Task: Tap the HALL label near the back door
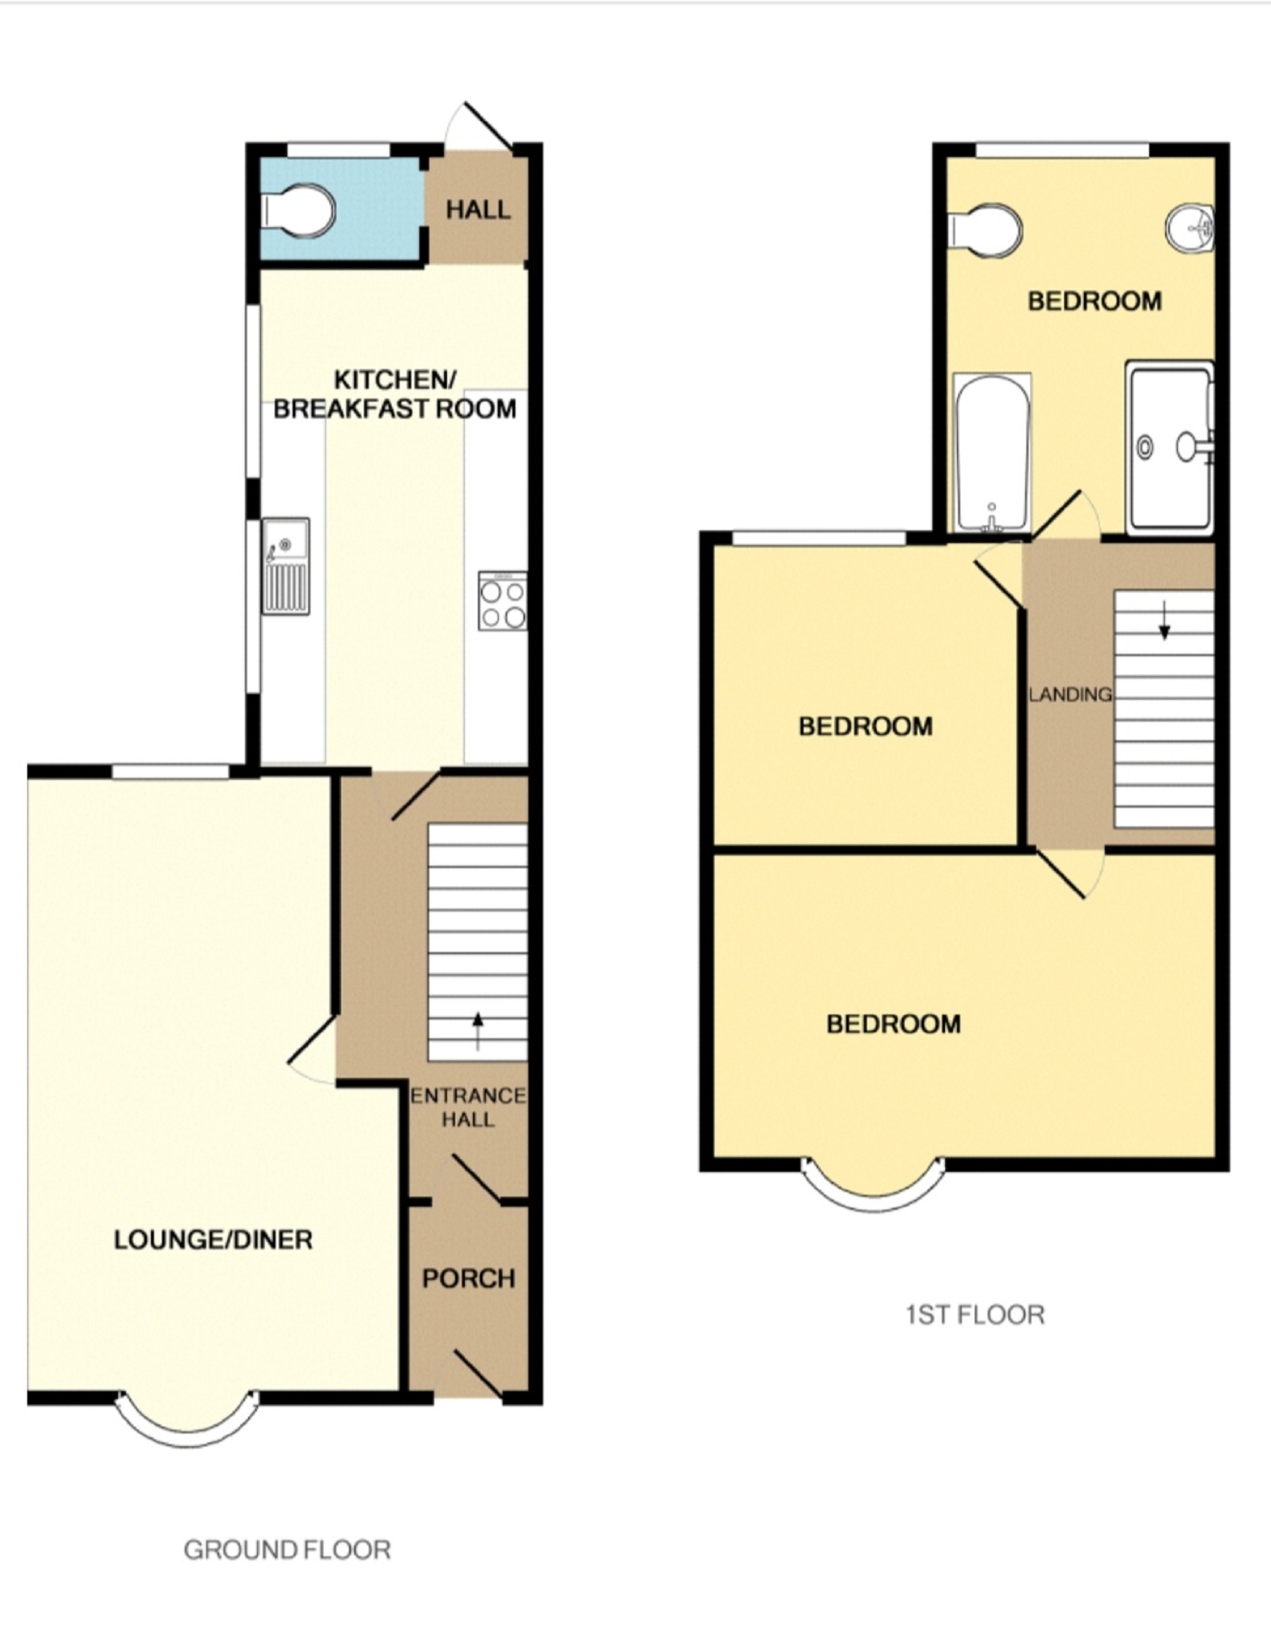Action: tap(478, 210)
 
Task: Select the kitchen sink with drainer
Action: tap(286, 566)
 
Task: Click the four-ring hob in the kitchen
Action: tap(503, 601)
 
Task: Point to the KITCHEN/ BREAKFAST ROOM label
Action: tap(395, 393)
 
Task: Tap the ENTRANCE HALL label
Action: tap(468, 1107)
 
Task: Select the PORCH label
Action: tap(469, 1278)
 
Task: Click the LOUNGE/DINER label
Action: tap(213, 1239)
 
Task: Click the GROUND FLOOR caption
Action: tap(287, 1550)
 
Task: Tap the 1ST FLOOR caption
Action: tap(975, 1314)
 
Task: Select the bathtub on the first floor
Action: tap(992, 453)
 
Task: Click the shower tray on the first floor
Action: tap(1170, 447)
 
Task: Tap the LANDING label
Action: tap(1070, 694)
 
